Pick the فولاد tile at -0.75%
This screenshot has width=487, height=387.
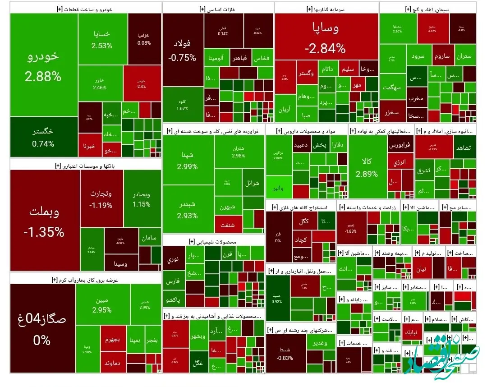pyautogui.click(x=182, y=50)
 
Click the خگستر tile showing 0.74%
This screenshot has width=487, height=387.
pyautogui.click(x=43, y=137)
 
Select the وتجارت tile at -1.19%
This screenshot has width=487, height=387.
pyautogui.click(x=101, y=199)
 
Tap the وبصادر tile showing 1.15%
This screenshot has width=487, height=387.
pyautogui.click(x=142, y=199)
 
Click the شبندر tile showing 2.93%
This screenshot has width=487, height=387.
pyautogui.click(x=188, y=209)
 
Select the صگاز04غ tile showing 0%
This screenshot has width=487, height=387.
pyautogui.click(x=42, y=328)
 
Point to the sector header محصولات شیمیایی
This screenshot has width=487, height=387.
pyautogui.click(x=213, y=241)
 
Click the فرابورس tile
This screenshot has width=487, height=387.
pyautogui.click(x=399, y=146)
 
